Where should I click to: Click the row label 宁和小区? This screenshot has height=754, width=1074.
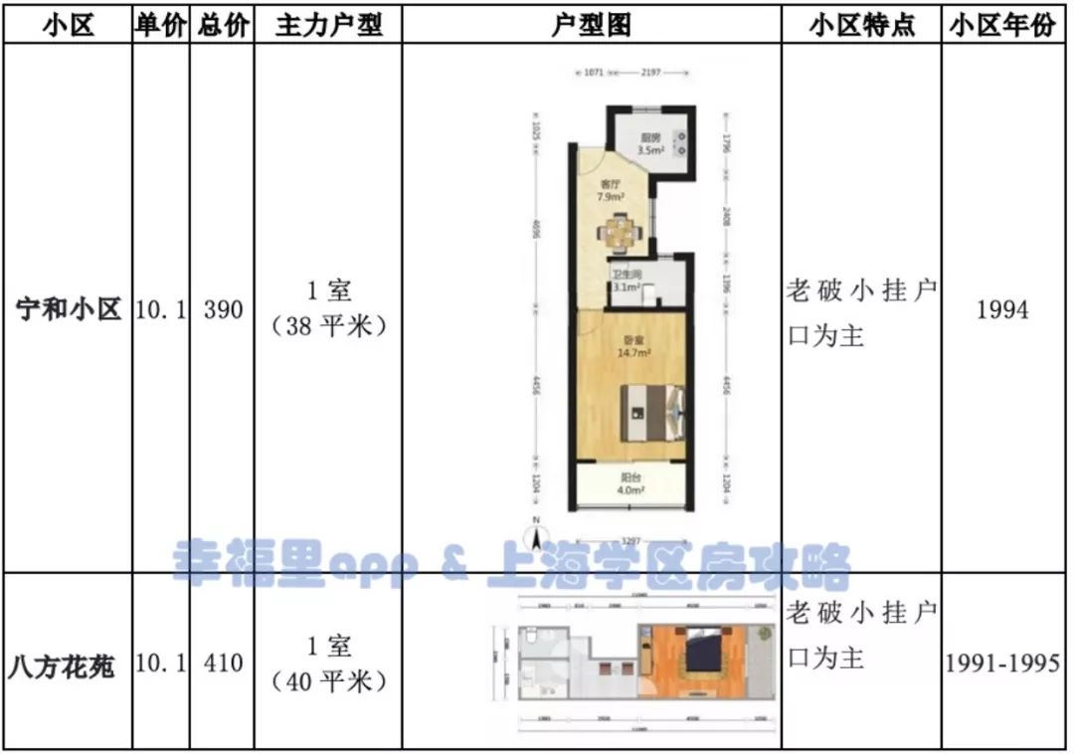69,310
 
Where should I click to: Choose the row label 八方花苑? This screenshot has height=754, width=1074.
68,663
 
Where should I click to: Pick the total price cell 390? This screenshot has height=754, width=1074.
223,310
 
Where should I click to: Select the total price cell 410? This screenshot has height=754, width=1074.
223,662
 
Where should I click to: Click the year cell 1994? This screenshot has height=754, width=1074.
1002,310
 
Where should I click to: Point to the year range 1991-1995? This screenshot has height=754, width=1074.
1002,662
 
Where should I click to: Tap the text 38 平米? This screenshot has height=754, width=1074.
328,326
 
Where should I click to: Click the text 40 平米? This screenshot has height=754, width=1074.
328,681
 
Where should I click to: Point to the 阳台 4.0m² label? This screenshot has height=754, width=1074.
630,482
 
